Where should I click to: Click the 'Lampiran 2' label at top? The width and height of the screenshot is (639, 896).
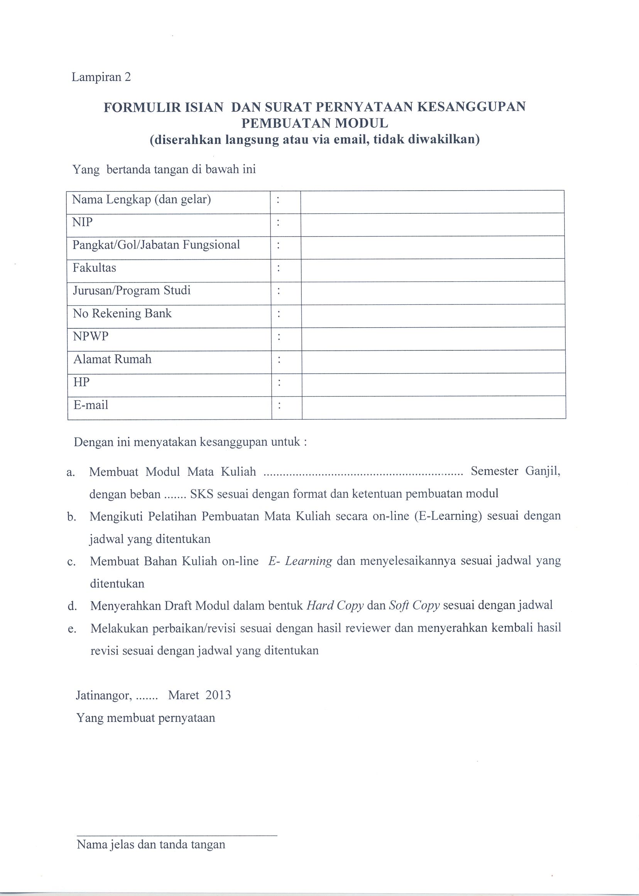pyautogui.click(x=101, y=77)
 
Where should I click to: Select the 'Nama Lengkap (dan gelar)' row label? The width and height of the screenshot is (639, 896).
pyautogui.click(x=141, y=199)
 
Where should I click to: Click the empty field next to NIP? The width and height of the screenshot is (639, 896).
pyautogui.click(x=432, y=225)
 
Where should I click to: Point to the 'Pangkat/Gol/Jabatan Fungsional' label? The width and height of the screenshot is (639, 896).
pyautogui.click(x=156, y=245)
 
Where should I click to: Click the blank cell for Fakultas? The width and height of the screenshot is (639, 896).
pyautogui.click(x=433, y=270)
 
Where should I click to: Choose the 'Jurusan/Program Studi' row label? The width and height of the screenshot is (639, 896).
pyautogui.click(x=132, y=291)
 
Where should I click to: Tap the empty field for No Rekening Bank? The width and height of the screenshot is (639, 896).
pyautogui.click(x=433, y=316)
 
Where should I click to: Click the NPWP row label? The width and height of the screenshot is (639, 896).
pyautogui.click(x=91, y=336)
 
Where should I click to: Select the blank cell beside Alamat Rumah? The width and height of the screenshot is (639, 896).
pyautogui.click(x=433, y=362)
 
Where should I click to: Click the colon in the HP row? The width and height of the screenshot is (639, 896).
pyautogui.click(x=279, y=382)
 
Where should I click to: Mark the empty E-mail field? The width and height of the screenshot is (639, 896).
pyautogui.click(x=434, y=407)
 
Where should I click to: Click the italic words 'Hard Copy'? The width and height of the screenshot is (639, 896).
pyautogui.click(x=335, y=605)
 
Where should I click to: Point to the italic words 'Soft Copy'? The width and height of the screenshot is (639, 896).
pyautogui.click(x=414, y=605)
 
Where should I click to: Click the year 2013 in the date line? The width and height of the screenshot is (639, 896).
pyautogui.click(x=218, y=695)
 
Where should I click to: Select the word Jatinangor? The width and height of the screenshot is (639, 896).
pyautogui.click(x=103, y=696)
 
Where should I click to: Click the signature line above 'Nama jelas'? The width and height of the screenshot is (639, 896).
pyautogui.click(x=177, y=835)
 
